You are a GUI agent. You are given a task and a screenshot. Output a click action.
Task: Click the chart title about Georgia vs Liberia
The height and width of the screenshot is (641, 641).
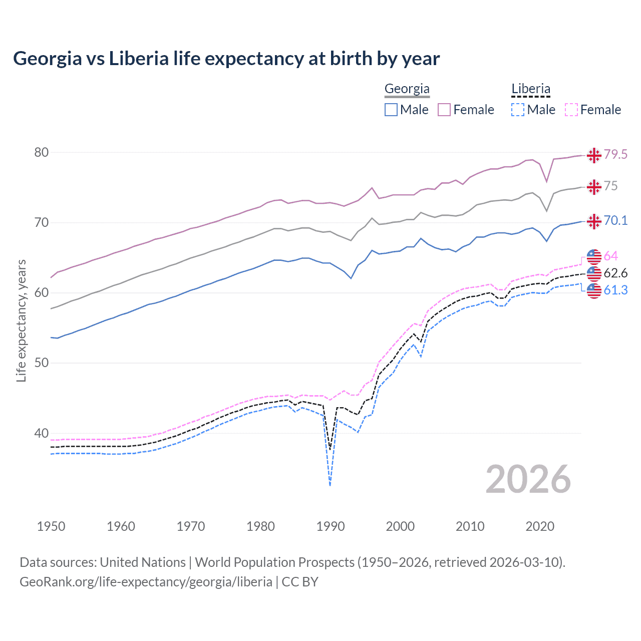(226, 59)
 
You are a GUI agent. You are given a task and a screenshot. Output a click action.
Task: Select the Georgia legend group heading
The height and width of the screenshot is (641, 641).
(407, 89)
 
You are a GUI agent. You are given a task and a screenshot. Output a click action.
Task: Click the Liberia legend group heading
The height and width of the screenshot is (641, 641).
(530, 89)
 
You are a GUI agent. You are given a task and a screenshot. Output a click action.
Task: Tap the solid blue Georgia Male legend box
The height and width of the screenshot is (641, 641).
(391, 110)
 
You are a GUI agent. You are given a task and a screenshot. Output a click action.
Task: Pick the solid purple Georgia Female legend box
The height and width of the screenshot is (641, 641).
(444, 110)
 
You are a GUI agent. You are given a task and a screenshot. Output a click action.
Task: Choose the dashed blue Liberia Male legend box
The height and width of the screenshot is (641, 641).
(518, 110)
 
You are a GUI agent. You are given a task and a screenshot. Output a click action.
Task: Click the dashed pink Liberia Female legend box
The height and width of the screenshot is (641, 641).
(571, 110)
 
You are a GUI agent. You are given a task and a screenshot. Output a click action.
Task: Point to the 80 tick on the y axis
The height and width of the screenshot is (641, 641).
(41, 152)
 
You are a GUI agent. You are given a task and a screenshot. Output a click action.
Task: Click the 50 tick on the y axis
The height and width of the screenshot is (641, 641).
(41, 363)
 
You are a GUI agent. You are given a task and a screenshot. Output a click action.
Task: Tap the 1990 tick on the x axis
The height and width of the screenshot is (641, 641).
(330, 526)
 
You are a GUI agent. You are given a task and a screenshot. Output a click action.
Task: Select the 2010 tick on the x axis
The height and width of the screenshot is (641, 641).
(470, 526)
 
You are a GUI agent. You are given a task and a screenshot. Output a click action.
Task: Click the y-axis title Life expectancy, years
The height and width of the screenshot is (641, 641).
(21, 320)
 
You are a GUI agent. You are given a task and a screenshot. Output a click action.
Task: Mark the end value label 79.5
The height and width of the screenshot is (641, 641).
(615, 154)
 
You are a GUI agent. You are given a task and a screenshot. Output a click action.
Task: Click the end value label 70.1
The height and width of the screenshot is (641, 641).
(615, 220)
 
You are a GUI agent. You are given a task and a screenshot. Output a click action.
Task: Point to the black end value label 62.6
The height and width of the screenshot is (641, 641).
(615, 273)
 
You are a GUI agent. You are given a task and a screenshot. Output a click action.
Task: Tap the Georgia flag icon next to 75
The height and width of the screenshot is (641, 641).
(594, 187)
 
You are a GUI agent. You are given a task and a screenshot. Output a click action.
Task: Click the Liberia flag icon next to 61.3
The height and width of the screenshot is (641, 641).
(594, 291)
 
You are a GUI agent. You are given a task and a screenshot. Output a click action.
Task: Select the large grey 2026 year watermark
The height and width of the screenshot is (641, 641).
(528, 479)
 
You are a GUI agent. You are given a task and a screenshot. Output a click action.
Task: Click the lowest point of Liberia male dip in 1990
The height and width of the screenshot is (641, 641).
(330, 485)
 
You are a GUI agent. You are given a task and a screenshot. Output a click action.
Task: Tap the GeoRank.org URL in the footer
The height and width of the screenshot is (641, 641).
(146, 582)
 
